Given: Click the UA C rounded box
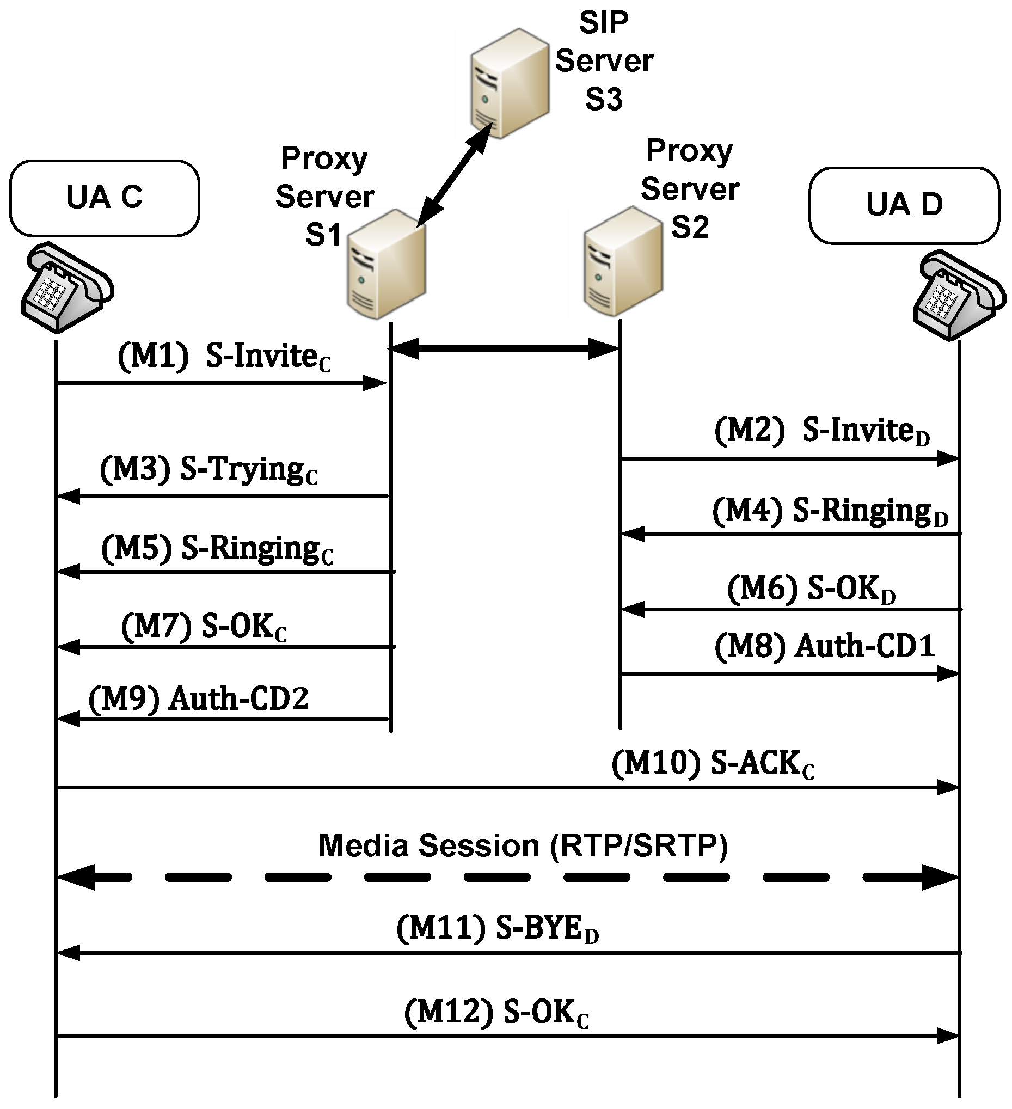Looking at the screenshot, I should click(105, 198).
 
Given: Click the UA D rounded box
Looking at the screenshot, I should click(904, 205).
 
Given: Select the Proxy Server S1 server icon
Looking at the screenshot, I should click(387, 264).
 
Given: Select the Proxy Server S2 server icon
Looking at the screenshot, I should click(623, 262).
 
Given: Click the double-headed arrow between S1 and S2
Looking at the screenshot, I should click(505, 348).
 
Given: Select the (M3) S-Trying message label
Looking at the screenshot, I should click(209, 470).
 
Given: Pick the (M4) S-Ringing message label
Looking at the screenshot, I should click(830, 511).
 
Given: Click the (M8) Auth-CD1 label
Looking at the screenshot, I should click(824, 646).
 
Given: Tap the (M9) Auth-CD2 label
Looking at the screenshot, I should click(199, 699).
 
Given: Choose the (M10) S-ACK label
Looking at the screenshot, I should click(713, 764).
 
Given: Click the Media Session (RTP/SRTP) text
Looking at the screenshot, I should click(523, 845).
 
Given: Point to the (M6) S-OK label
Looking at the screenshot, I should click(811, 589).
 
